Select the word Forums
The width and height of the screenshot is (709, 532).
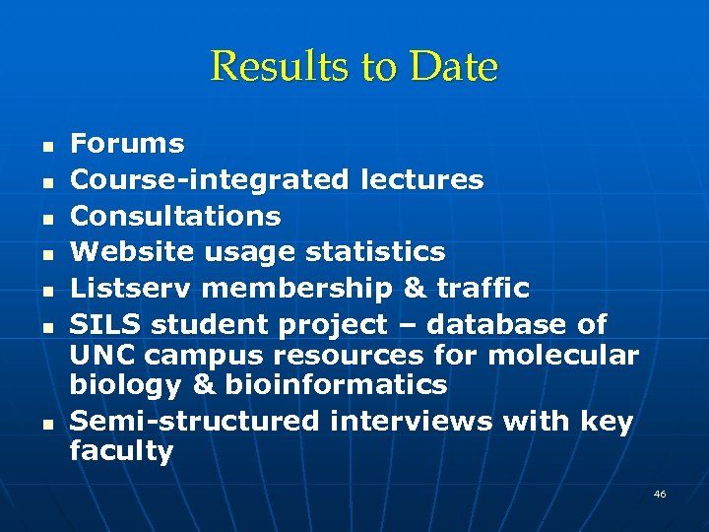127,144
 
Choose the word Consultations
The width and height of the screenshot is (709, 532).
175,216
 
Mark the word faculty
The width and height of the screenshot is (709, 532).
121,451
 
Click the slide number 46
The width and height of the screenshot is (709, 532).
660,494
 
